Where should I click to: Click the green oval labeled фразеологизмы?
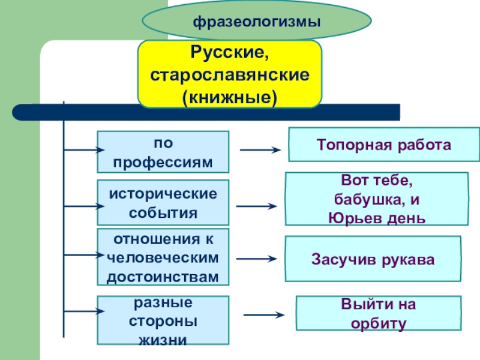256,22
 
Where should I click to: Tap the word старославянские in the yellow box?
230,75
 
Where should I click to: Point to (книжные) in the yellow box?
230,95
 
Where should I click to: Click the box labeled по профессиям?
163,153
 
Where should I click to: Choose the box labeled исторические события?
163,203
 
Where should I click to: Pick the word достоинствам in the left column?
163,276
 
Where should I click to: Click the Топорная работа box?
384,145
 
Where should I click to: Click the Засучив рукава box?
373,259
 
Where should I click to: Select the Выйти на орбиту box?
379,313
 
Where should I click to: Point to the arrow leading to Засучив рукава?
257,259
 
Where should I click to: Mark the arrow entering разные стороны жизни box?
84,311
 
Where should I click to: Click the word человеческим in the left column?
163,257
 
